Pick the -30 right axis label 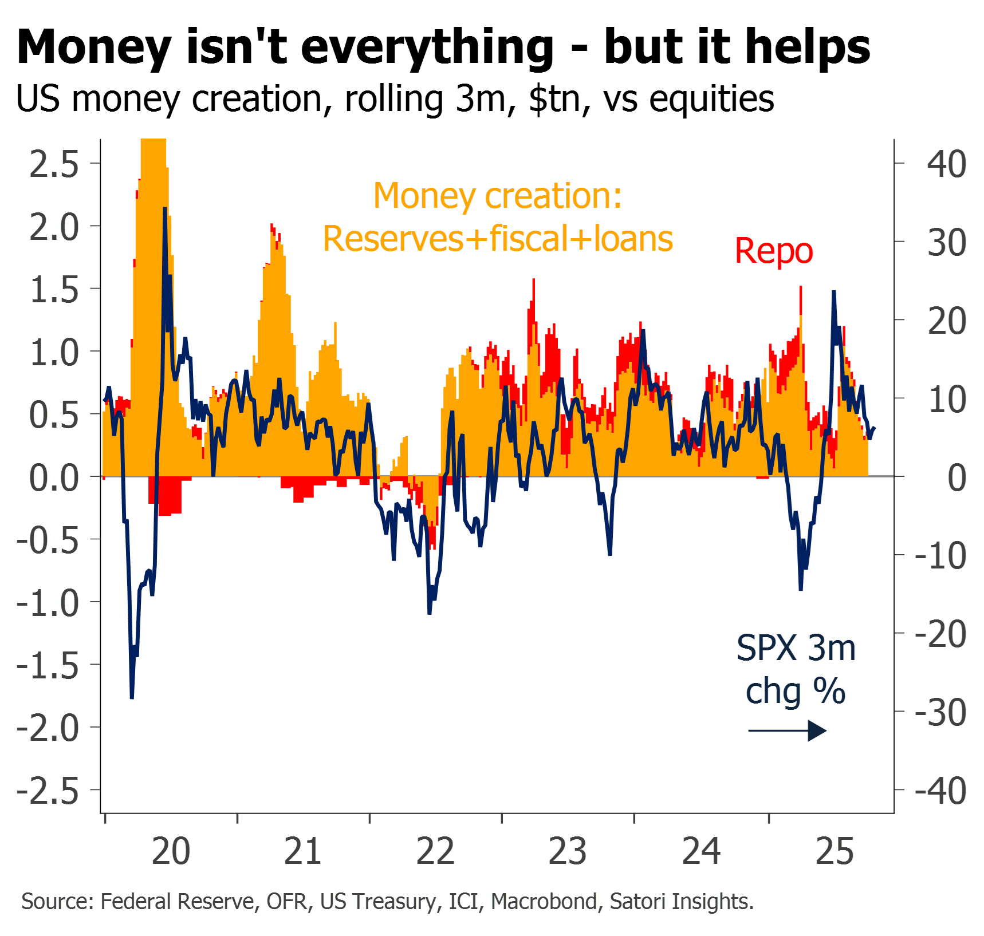pyautogui.click(x=940, y=713)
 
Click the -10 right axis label pyautogui.click(x=940, y=556)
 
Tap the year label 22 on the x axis pyautogui.click(x=435, y=851)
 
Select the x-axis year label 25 pyautogui.click(x=835, y=851)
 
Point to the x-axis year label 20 pyautogui.click(x=171, y=851)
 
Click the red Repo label pyautogui.click(x=774, y=251)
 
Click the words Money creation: pyautogui.click(x=498, y=196)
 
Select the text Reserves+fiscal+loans pyautogui.click(x=498, y=238)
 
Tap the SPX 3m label pyautogui.click(x=796, y=648)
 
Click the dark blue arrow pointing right pyautogui.click(x=788, y=730)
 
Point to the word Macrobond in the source pyautogui.click(x=544, y=901)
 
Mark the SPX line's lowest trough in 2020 pyautogui.click(x=132, y=697)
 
